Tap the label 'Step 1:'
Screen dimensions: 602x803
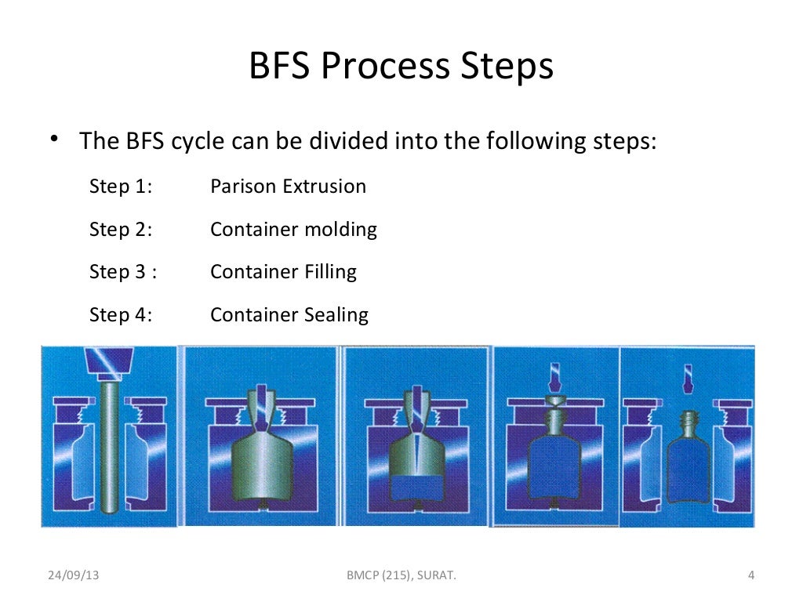tap(121, 187)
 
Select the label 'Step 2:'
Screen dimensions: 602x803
tap(121, 230)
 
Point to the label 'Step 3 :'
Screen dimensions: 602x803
tap(123, 272)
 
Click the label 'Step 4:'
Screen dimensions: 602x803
tap(121, 315)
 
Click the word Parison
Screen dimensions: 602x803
tap(244, 187)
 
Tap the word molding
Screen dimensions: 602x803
tap(340, 230)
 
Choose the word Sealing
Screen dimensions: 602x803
tap(337, 315)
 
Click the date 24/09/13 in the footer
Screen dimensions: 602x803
tap(74, 577)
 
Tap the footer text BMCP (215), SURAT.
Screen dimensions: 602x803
tap(401, 577)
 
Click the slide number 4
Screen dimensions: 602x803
tap(750, 577)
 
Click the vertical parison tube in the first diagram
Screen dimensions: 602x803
tap(110, 447)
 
